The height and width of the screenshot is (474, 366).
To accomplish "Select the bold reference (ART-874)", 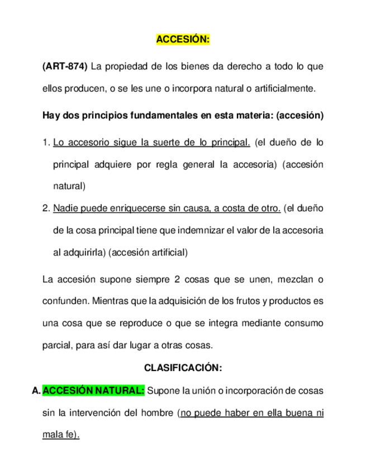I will point(65,67).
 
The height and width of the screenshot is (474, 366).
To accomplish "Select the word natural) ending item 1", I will point(70,186).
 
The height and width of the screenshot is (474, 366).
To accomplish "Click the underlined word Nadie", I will point(66,208).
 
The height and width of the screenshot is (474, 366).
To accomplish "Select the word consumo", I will point(302,323).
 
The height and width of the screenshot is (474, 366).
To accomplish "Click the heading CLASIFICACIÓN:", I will point(183,368).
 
